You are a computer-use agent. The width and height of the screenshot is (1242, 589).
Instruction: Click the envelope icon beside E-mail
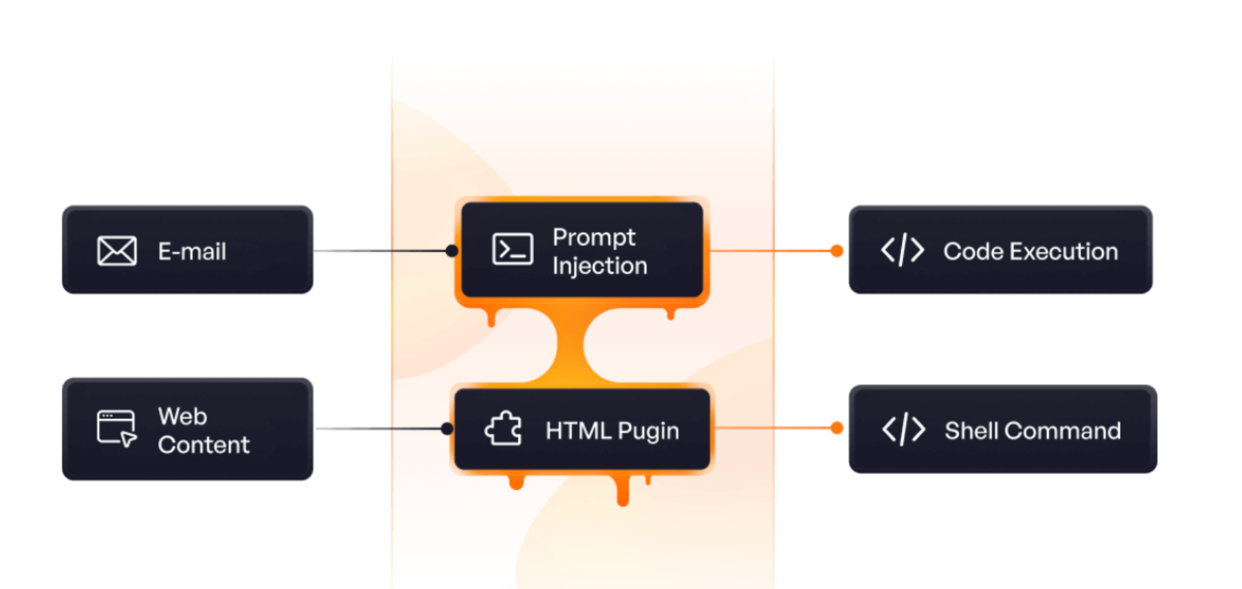tap(117, 251)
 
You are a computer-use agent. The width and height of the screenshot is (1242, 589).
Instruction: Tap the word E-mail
tap(192, 251)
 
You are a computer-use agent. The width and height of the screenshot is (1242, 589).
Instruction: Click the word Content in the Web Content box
tap(204, 445)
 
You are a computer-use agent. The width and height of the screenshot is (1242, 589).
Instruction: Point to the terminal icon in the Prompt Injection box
tap(513, 250)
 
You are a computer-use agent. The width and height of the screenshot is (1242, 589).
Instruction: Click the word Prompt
tap(594, 238)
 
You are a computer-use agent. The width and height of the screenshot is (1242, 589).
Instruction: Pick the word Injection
tap(599, 266)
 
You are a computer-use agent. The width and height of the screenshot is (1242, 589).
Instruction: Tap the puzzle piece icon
tap(503, 429)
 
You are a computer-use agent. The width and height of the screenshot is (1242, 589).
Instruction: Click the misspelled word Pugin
tap(648, 431)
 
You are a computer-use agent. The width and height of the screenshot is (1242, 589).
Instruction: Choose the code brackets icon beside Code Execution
tap(903, 250)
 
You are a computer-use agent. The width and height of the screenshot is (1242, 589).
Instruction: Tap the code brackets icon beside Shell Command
tap(903, 429)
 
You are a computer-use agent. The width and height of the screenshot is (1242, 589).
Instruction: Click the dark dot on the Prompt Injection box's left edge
tap(452, 251)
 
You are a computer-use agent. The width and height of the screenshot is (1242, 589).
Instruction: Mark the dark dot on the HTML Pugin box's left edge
tap(447, 429)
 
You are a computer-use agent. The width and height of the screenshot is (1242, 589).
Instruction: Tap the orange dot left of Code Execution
tap(837, 251)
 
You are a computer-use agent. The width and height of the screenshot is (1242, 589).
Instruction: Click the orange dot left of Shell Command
tap(837, 428)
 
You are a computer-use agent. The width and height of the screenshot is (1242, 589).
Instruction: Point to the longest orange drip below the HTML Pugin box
tap(623, 489)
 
